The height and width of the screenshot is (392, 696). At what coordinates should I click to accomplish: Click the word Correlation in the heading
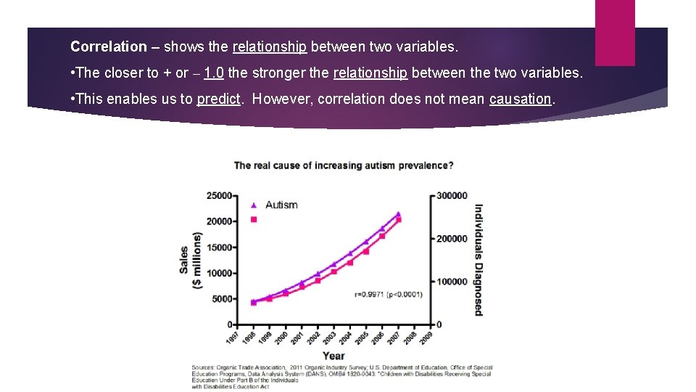pos(109,47)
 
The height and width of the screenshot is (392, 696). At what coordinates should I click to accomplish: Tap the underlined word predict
pos(218,99)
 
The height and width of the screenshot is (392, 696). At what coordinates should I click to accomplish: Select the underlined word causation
pos(521,99)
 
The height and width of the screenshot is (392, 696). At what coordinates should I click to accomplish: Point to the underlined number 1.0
pos(214,73)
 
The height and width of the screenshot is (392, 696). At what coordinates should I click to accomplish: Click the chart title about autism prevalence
pos(344,166)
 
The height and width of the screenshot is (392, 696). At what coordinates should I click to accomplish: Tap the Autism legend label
pos(281,205)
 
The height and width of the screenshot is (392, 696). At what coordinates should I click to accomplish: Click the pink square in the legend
pos(254,219)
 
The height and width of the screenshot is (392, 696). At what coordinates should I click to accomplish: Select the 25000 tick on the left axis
pos(220,195)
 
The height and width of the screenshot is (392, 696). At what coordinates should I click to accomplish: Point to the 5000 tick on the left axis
pos(222,298)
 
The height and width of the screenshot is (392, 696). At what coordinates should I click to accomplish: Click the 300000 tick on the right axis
pos(452,195)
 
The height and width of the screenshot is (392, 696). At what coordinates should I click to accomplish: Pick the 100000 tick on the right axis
pos(452,281)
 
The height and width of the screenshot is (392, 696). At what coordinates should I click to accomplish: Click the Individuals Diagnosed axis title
pos(478,259)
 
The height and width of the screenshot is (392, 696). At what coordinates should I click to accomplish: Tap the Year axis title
pos(333,356)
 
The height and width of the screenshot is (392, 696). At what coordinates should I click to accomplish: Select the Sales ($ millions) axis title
pos(191,260)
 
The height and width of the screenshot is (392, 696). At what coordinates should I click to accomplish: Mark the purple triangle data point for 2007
pos(398,214)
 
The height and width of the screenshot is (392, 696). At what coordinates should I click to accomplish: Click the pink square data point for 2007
pos(398,219)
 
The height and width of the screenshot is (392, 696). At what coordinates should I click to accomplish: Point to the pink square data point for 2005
pos(366,251)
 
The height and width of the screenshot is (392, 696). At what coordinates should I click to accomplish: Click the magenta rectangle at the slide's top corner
pos(614,33)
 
